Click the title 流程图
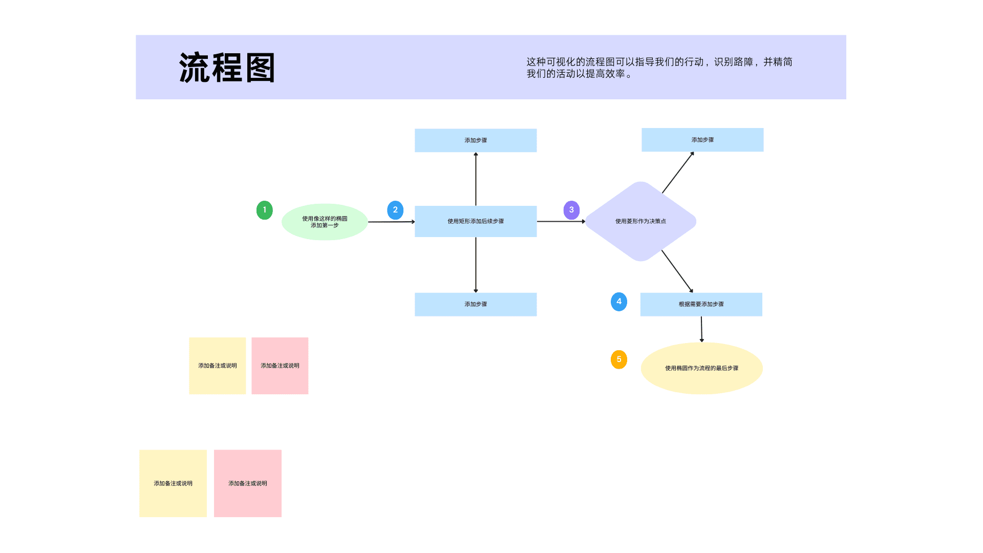227,68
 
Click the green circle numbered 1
264,210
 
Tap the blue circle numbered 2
395,210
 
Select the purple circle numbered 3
571,210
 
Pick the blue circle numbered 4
618,302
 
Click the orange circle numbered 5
618,359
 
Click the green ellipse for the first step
325,222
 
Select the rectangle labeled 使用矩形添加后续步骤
475,221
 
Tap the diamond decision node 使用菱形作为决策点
640,221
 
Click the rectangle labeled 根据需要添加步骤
701,304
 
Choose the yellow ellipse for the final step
701,368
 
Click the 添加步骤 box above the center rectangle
475,140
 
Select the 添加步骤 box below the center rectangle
475,304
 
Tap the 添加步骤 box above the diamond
702,140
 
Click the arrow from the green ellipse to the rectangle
391,222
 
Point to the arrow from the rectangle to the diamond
560,221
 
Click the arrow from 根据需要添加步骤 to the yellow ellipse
701,329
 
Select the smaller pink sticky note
280,366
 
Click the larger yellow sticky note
173,483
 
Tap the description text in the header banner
659,68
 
